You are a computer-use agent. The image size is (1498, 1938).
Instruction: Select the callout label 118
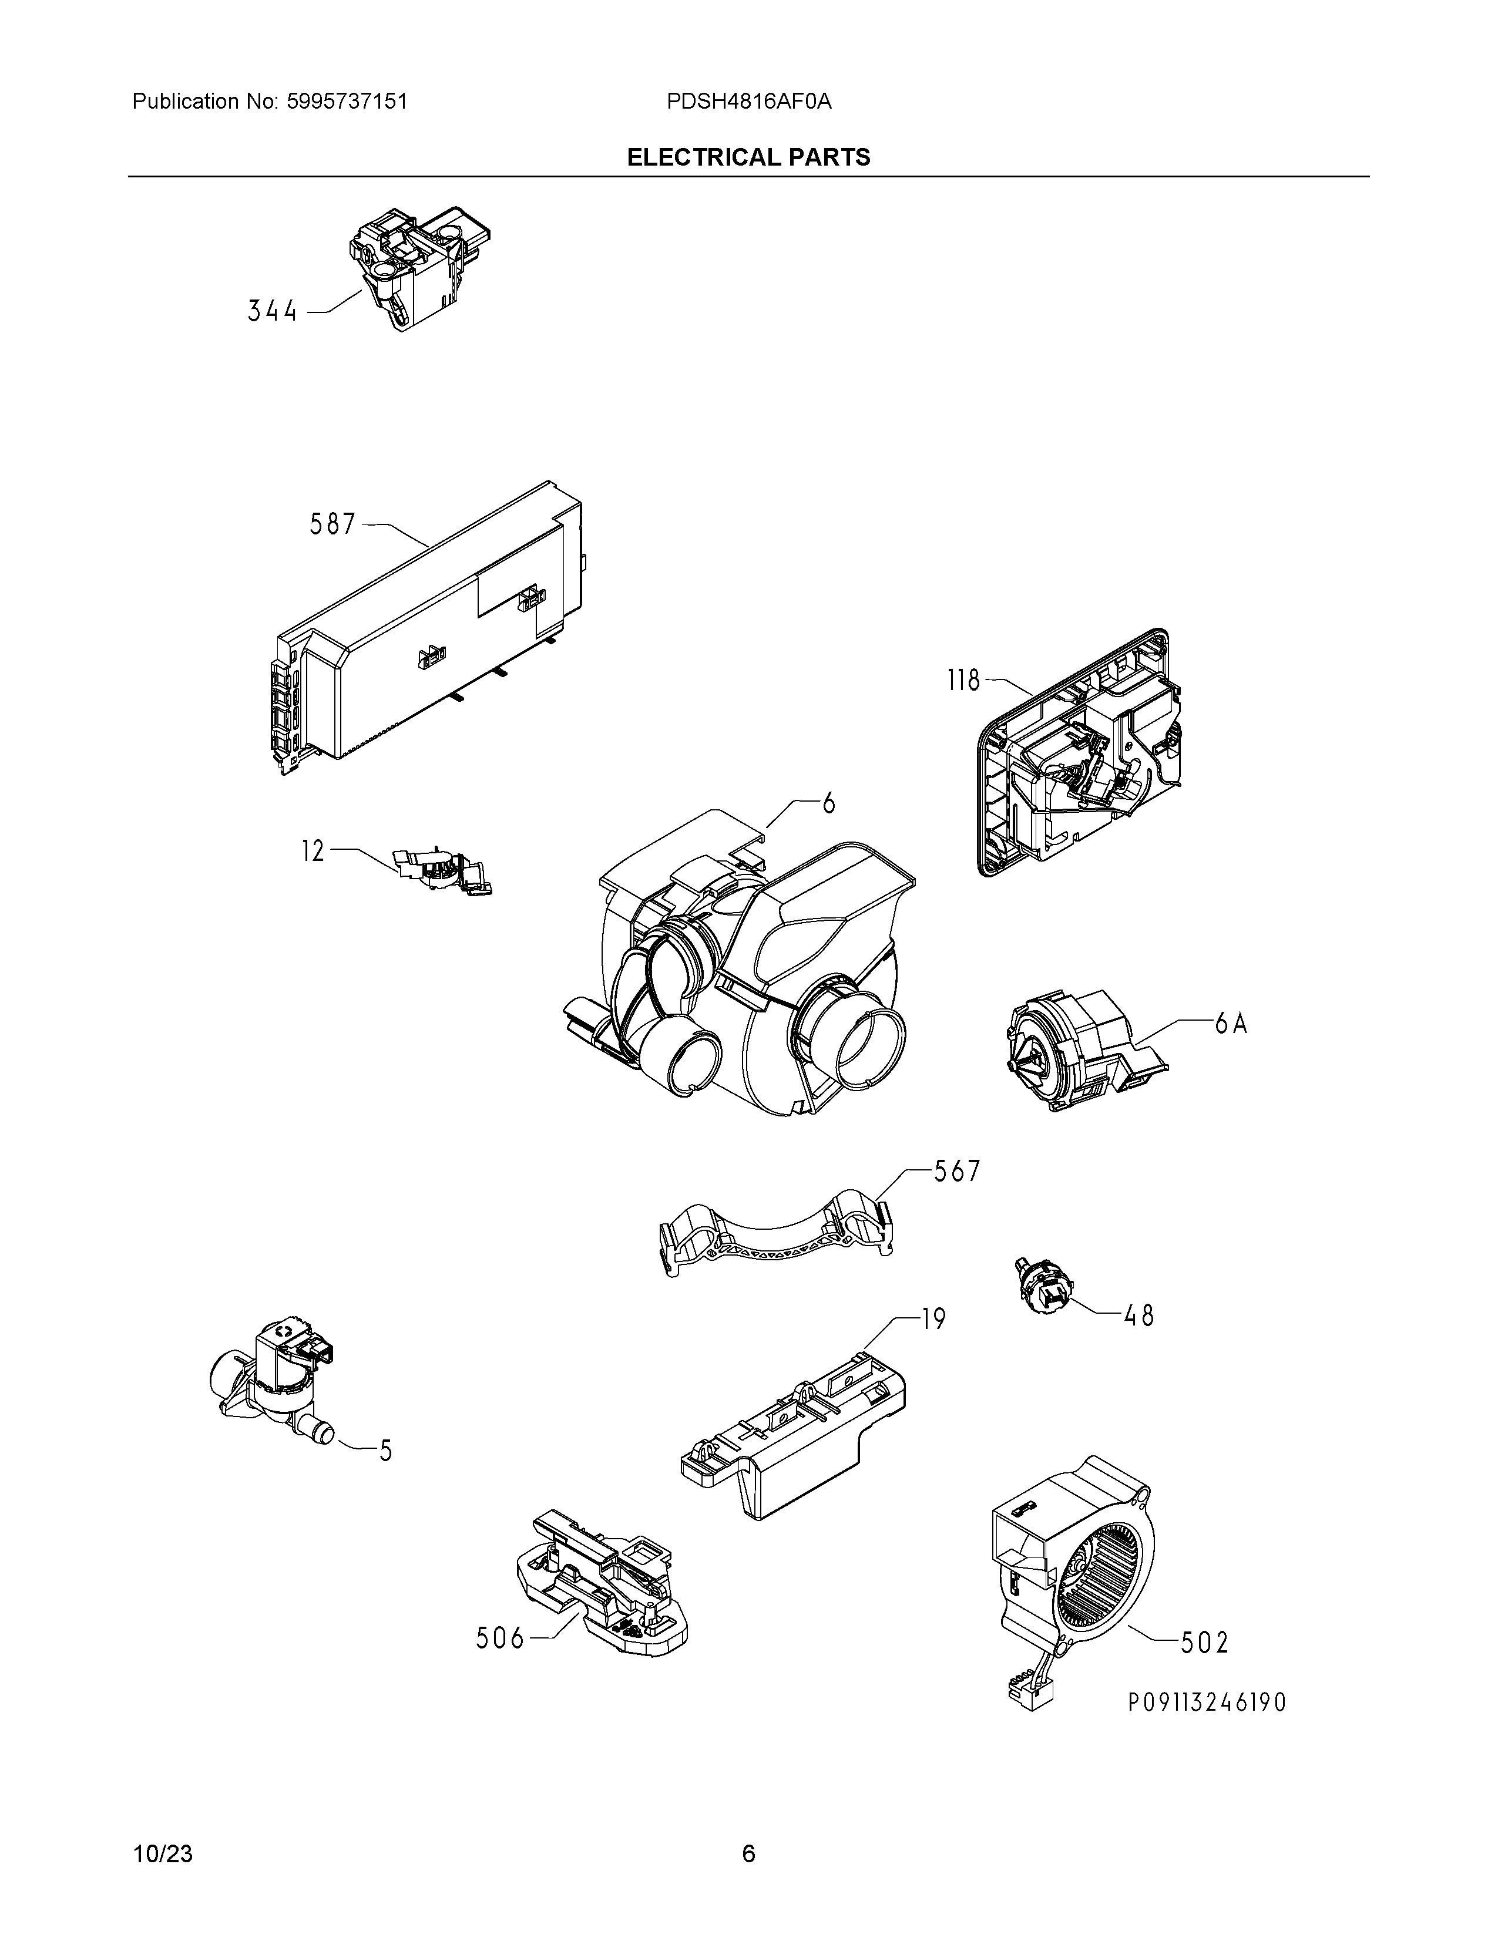point(963,681)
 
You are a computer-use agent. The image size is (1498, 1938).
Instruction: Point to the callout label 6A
point(1231,1024)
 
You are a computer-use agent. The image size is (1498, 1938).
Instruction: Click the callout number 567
point(956,1172)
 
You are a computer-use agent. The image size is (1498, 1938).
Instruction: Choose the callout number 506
point(501,1638)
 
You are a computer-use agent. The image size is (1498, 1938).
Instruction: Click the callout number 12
point(313,852)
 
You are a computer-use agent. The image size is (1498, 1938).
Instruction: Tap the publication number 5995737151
point(347,101)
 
